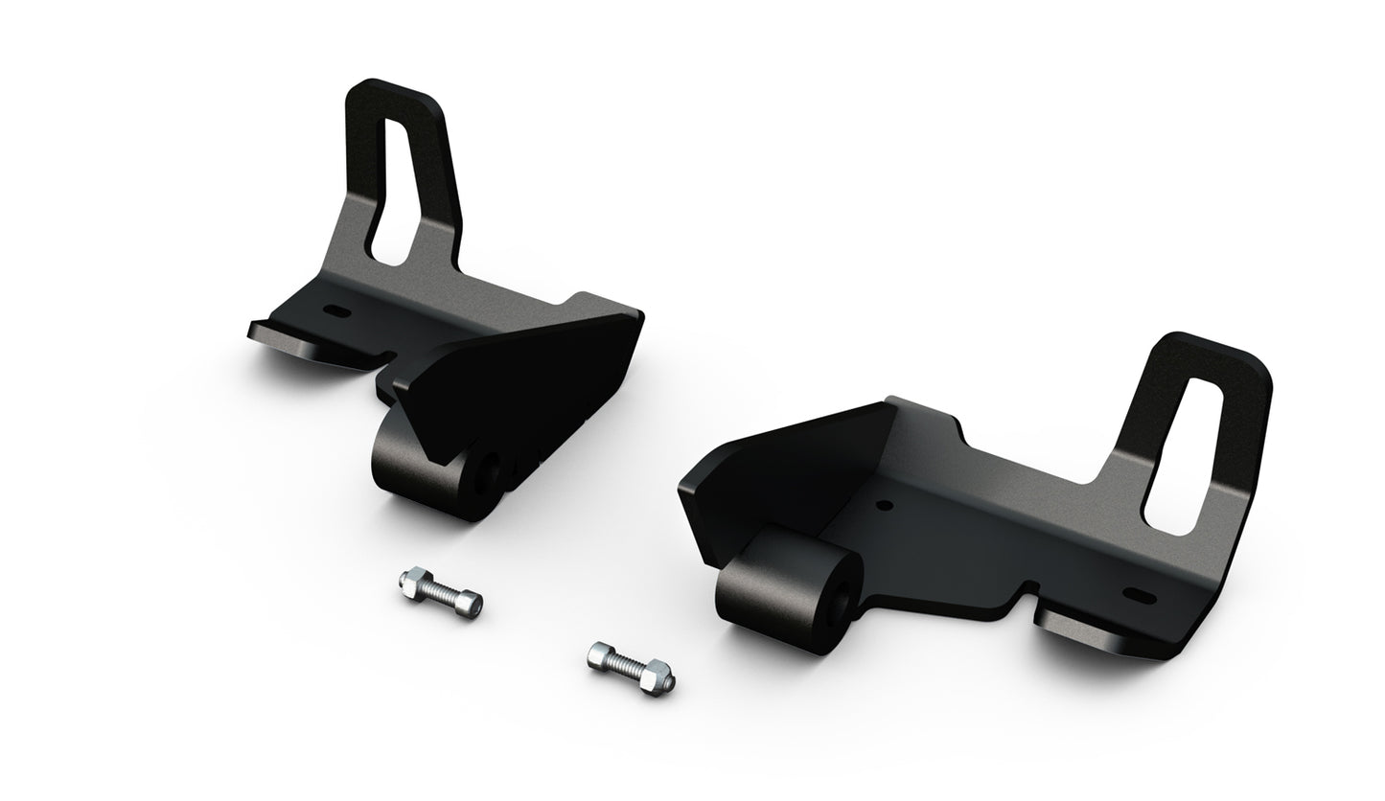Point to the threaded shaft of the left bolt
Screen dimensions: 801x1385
(440, 593)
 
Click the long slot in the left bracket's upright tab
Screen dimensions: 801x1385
(395, 192)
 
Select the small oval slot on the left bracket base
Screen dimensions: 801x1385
(335, 311)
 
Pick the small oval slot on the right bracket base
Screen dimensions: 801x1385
(1139, 595)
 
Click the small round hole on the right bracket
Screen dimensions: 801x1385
(884, 504)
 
